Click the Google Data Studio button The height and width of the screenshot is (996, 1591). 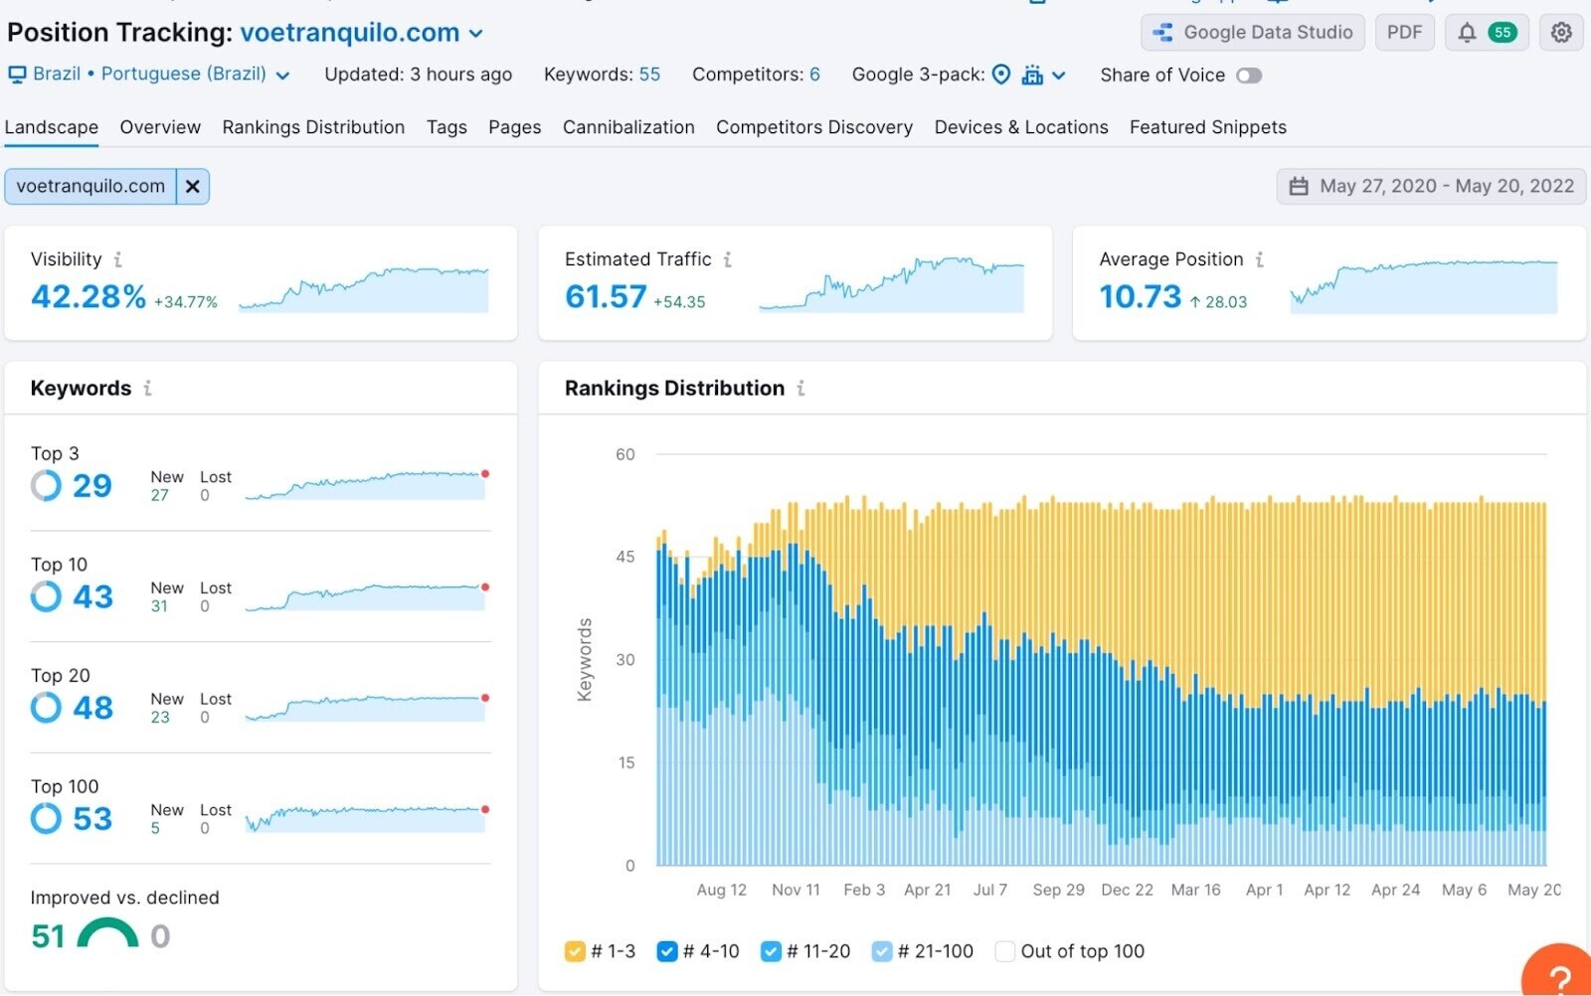pos(1253,33)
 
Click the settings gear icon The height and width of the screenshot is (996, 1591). pos(1560,33)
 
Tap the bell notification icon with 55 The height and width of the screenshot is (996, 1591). pos(1487,33)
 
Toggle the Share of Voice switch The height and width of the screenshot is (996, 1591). pos(1248,76)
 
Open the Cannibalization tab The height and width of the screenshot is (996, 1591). pos(627,127)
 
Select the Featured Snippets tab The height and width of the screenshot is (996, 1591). pos(1207,127)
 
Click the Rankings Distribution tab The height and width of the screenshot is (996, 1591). pos(313,127)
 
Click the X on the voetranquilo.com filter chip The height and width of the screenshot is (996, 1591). pos(193,186)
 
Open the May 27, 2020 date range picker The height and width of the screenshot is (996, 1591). pos(1431,186)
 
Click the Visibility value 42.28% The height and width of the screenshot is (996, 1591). pos(88,296)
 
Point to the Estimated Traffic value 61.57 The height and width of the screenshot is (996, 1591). pos(606,296)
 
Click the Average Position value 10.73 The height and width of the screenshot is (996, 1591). pos(1140,296)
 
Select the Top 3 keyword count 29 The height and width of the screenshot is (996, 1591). pos(91,485)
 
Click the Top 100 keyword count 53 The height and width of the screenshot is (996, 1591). pos(92,818)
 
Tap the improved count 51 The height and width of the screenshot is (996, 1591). pos(48,935)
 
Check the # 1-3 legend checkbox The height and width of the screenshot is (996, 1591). pos(575,951)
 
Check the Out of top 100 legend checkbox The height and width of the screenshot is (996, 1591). pos(1004,951)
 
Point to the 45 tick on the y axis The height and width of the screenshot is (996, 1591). pos(624,557)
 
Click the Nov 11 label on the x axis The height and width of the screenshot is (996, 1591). pos(795,890)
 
